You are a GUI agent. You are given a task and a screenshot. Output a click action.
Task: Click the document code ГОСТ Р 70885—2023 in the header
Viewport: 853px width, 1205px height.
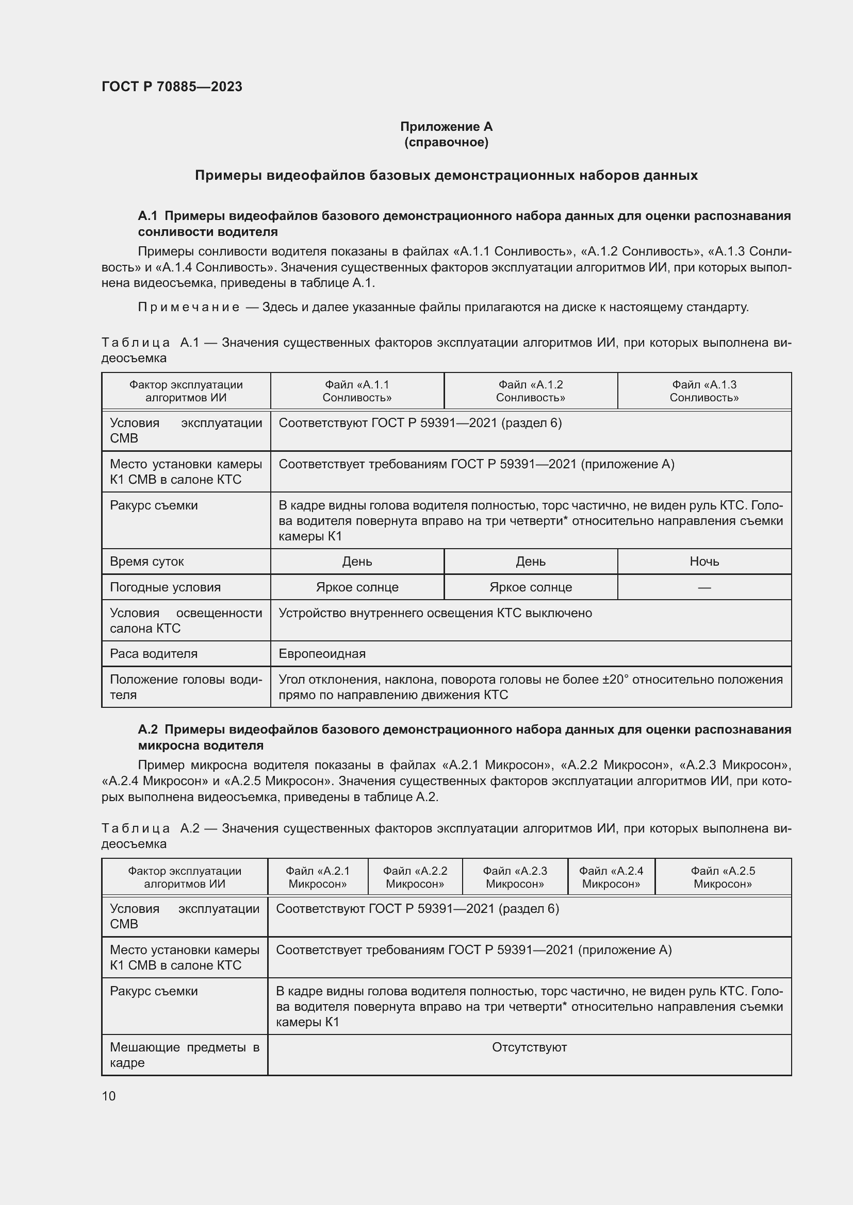[x=172, y=87]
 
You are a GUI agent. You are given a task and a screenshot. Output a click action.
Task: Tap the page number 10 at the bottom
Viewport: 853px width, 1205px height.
[x=109, y=1096]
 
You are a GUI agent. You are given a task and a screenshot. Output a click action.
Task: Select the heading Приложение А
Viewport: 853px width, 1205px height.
[x=446, y=127]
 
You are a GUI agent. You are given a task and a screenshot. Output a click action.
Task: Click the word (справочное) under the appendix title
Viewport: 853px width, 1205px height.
[x=446, y=142]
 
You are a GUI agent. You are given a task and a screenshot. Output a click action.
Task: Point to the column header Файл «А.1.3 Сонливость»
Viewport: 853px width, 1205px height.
[x=704, y=391]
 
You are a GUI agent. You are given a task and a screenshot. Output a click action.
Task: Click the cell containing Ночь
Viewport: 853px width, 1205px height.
[x=704, y=562]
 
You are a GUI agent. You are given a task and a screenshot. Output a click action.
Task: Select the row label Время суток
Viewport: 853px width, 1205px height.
[x=146, y=562]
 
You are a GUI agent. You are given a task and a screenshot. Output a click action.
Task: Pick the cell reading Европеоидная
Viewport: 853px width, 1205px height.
[x=322, y=653]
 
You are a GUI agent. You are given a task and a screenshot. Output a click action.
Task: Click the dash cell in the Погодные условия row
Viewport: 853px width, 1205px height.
[x=704, y=587]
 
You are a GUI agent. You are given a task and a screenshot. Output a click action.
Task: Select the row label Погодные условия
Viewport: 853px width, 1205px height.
[x=165, y=587]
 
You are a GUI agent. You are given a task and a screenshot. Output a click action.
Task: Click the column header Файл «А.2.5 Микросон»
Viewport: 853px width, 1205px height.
[x=723, y=877]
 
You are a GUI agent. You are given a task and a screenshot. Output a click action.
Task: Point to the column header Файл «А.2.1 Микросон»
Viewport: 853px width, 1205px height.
[x=317, y=877]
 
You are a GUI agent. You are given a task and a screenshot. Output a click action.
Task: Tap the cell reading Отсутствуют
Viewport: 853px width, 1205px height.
[x=529, y=1047]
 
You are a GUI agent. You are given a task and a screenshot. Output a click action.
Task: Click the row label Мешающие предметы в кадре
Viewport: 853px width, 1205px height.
[x=184, y=1055]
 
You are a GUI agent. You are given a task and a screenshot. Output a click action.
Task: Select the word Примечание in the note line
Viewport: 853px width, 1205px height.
[x=189, y=307]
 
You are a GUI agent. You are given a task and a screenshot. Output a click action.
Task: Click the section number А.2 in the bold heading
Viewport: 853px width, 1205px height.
[x=147, y=729]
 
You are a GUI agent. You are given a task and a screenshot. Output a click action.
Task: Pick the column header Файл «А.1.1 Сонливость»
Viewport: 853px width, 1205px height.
[x=357, y=391]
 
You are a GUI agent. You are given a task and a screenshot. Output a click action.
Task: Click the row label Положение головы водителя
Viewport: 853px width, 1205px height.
[x=186, y=687]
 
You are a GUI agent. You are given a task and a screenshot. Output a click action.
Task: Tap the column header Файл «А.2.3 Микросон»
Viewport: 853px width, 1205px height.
[x=515, y=877]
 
